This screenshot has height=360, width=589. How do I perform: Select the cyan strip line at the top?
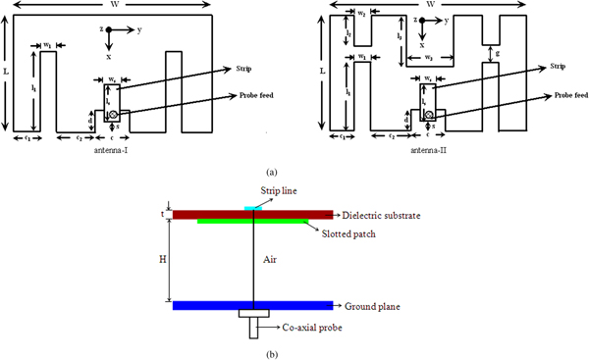(254, 208)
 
